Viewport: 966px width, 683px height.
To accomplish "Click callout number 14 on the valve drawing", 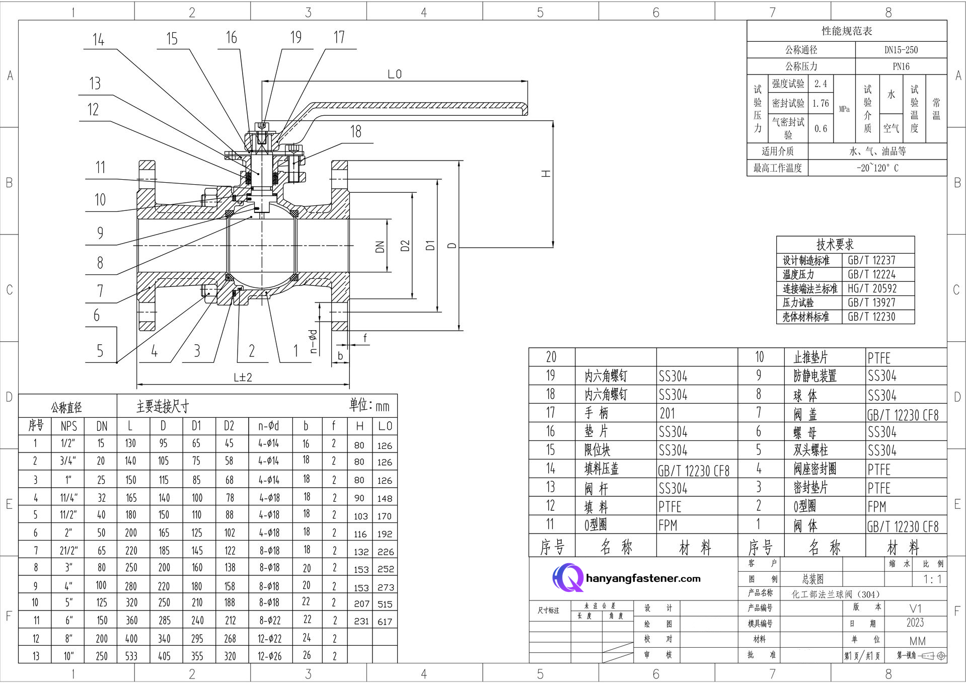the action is [98, 40].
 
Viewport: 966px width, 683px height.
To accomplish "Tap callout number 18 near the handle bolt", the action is [356, 132].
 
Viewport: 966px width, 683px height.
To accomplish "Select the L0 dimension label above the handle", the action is [395, 74].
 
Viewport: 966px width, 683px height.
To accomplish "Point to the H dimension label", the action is [546, 174].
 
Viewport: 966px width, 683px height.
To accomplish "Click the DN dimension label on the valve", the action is [380, 247].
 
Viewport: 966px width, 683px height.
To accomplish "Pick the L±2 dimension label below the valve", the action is [243, 377].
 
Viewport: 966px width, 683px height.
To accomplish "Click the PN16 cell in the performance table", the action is [901, 66].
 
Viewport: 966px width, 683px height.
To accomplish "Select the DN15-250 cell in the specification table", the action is [901, 50].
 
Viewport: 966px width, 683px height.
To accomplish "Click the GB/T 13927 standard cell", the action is [871, 302].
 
